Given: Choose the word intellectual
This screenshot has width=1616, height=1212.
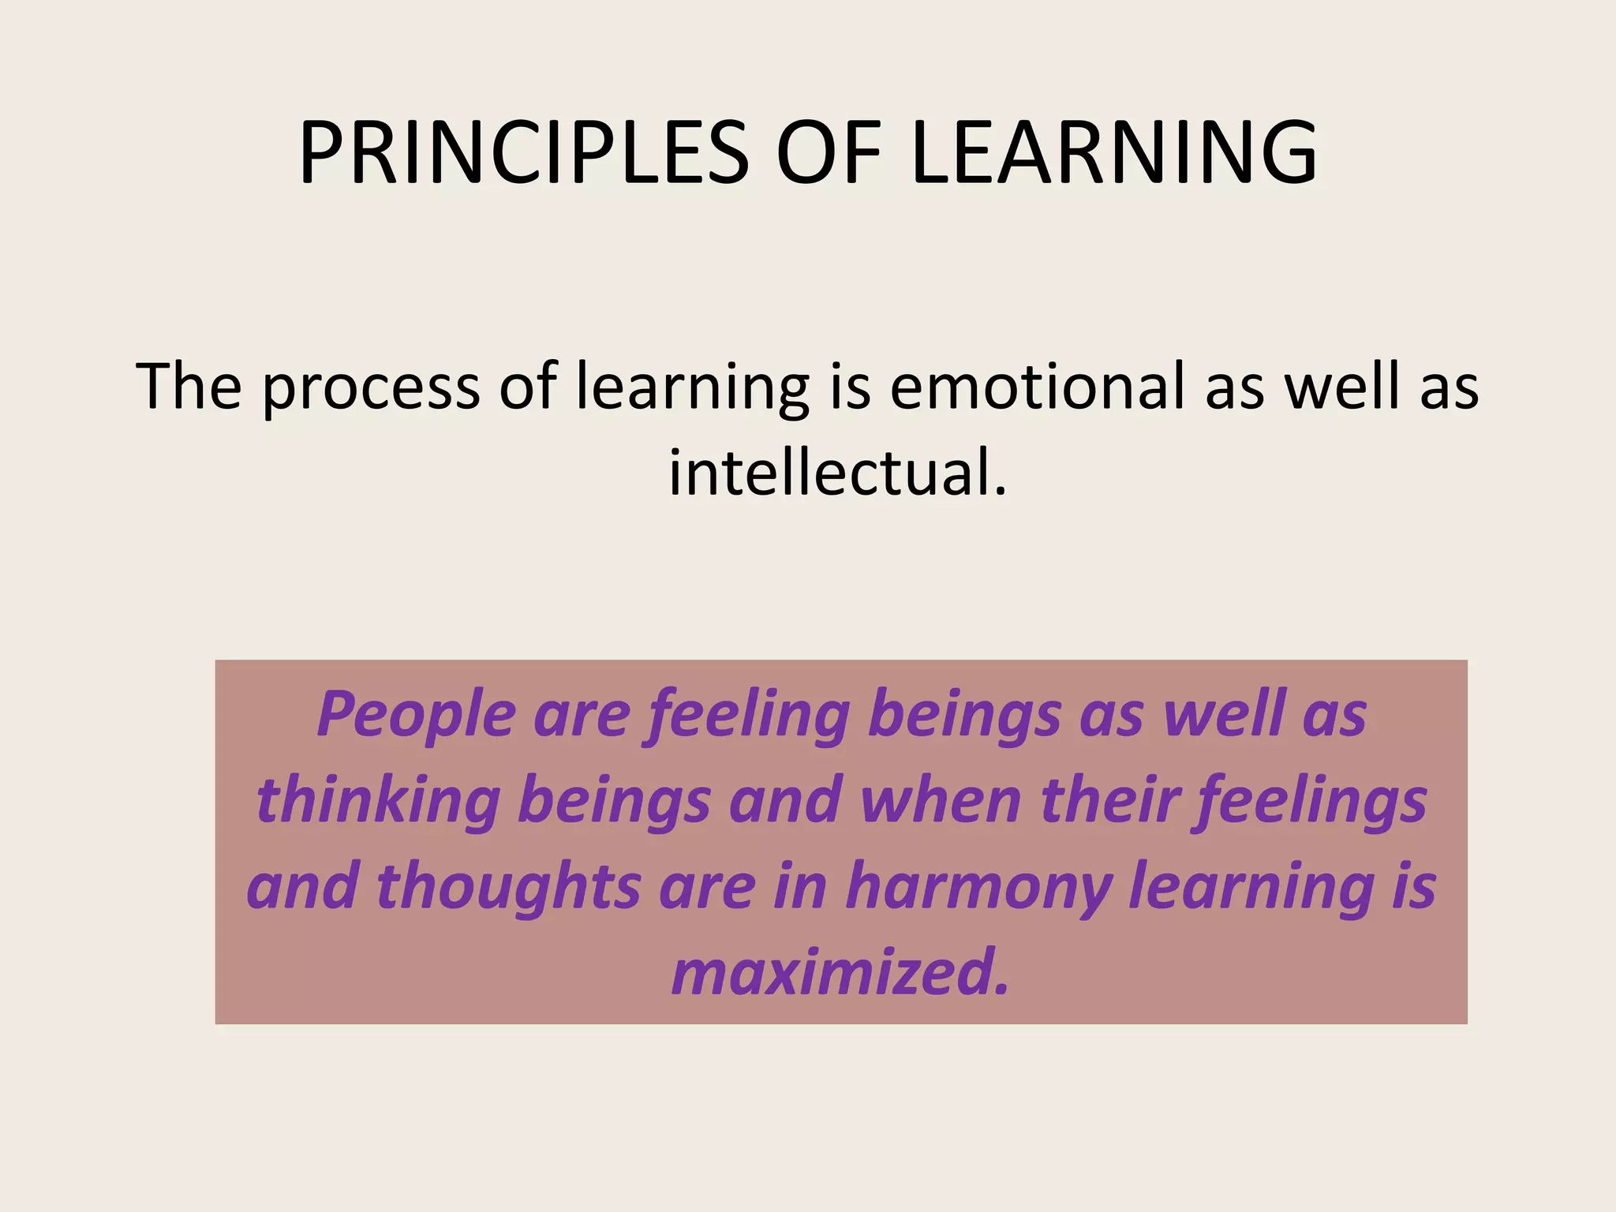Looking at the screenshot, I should click(829, 473).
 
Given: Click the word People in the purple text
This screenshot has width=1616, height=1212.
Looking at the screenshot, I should click(417, 715).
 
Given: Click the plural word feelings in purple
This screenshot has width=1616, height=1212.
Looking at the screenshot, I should click(1310, 802).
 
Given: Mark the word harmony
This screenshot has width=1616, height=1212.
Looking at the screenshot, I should click(978, 888).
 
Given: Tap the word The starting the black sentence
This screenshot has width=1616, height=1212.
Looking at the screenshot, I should click(189, 387).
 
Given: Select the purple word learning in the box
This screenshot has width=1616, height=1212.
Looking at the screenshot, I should click(1252, 888).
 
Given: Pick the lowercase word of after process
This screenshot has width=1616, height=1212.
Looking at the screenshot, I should click(528, 387).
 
